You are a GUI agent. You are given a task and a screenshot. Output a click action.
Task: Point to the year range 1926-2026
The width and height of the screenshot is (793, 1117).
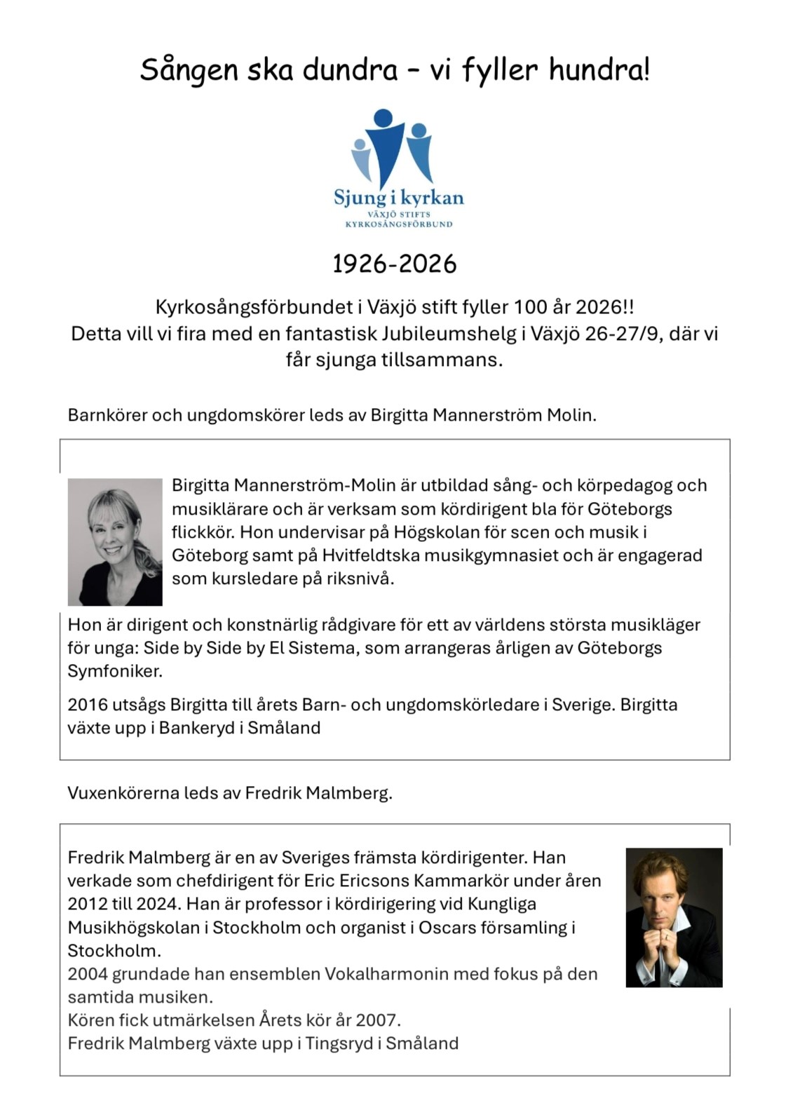point(394,264)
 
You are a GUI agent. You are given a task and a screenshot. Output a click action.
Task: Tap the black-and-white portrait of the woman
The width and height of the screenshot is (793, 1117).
point(115,542)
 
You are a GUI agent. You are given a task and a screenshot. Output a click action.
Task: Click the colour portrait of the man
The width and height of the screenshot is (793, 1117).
point(674,917)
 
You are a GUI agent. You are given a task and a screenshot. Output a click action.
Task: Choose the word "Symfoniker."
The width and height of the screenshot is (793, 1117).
point(115,671)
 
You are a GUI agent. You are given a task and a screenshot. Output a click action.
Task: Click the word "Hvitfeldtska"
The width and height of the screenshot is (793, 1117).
point(370,555)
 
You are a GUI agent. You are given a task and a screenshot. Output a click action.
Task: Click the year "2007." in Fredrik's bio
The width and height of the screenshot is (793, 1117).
point(378,1020)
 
